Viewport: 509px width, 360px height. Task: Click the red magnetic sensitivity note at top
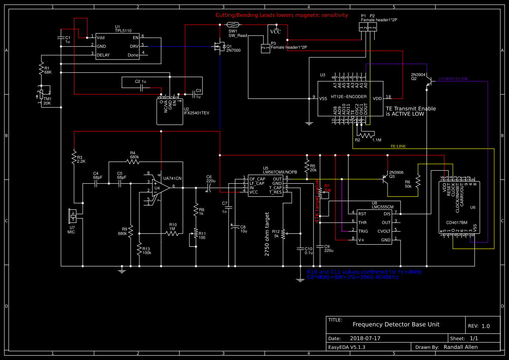coord(282,15)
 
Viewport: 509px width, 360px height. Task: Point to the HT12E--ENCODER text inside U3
coord(348,97)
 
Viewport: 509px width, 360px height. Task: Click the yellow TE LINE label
coord(398,146)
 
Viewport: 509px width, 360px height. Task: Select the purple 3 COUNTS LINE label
coord(453,79)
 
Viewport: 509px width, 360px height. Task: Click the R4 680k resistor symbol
coord(133,161)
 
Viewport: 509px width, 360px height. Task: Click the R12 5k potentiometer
coord(283,234)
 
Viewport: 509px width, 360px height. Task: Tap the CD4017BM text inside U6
coord(457,222)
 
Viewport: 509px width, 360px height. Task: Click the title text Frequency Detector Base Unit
coord(396,324)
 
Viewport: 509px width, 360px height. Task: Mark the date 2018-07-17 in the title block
coord(365,338)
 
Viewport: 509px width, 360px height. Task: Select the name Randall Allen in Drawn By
coord(460,347)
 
